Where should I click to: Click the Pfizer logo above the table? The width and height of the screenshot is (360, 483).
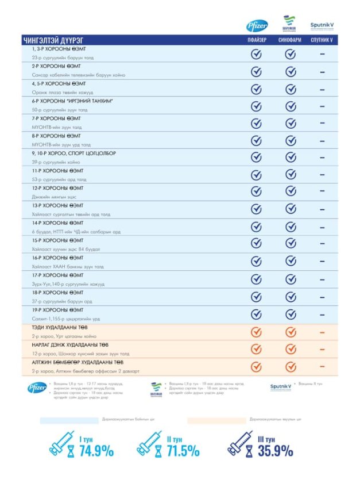pos(257,25)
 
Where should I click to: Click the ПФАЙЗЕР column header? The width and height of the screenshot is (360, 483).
pos(256,40)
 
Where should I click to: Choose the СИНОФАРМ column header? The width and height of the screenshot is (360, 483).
pos(291,40)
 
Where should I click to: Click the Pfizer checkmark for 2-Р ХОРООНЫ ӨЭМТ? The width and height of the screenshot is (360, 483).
pos(257,71)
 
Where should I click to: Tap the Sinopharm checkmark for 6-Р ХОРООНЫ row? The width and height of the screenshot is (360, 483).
pos(291,106)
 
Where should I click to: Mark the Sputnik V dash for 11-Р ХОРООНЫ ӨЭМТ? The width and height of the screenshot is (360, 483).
pos(323,175)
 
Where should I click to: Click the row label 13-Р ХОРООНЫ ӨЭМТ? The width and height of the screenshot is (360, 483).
pos(57,206)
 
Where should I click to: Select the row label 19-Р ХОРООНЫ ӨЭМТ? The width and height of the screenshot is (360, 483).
pos(57,309)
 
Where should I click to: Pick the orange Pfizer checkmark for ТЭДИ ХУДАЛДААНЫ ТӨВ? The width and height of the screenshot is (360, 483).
pos(257,332)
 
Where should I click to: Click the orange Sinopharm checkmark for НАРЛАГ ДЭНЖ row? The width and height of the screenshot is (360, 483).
pos(291,349)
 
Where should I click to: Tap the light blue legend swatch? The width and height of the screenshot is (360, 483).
pos(69,421)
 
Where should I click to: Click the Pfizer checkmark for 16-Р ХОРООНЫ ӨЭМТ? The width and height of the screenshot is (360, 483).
pos(257,262)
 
